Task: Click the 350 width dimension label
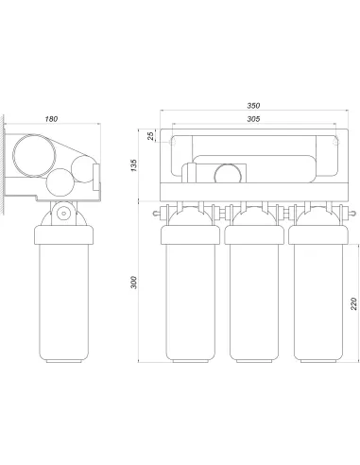tap(253, 106)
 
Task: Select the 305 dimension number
tap(253, 119)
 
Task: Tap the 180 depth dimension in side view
tap(51, 119)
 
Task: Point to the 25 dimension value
tap(151, 136)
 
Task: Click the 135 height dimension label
tap(134, 165)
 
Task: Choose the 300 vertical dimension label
tap(134, 283)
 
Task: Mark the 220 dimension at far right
tap(353, 303)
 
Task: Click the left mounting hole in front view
tap(172, 143)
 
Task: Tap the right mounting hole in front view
tap(336, 143)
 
